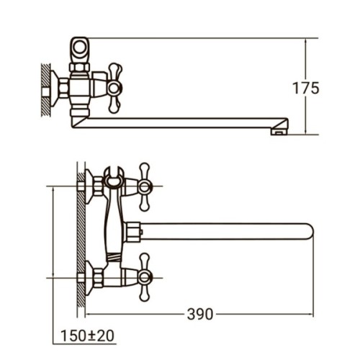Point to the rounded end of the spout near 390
pyautogui.click(x=307, y=233)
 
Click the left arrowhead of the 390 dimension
pyautogui.click(x=89, y=315)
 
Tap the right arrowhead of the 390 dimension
pyautogui.click(x=312, y=315)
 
